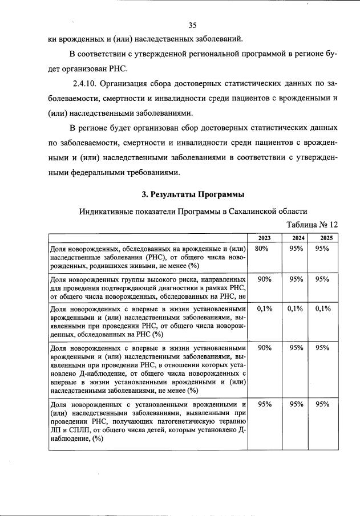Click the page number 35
coord(192,25)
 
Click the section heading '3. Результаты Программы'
coord(189,194)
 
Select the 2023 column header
coord(264,238)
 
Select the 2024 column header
coord(295,238)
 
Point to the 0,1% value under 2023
coord(264,308)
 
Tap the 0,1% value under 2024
coord(295,308)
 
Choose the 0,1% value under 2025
coord(323,308)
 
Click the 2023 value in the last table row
coord(264,404)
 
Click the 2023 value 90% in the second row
coord(264,279)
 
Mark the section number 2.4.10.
coord(82,83)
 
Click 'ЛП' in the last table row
coord(56,431)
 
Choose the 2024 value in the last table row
coord(295,404)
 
